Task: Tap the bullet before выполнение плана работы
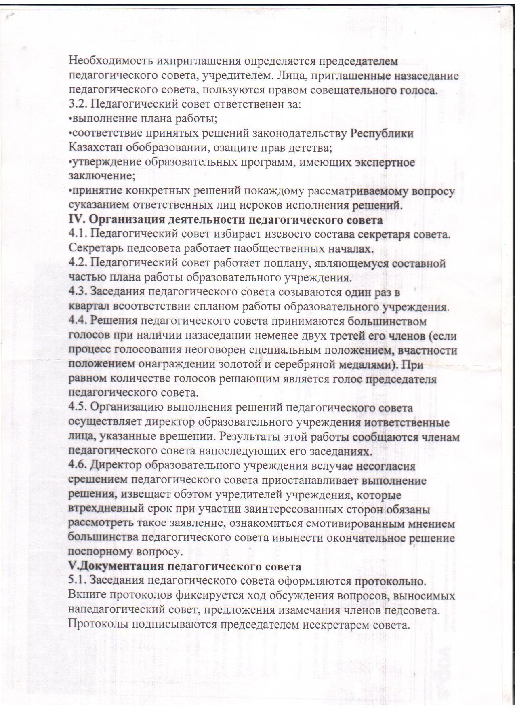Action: click(x=70, y=119)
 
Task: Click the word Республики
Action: click(x=382, y=133)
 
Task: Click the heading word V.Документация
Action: click(x=114, y=567)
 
